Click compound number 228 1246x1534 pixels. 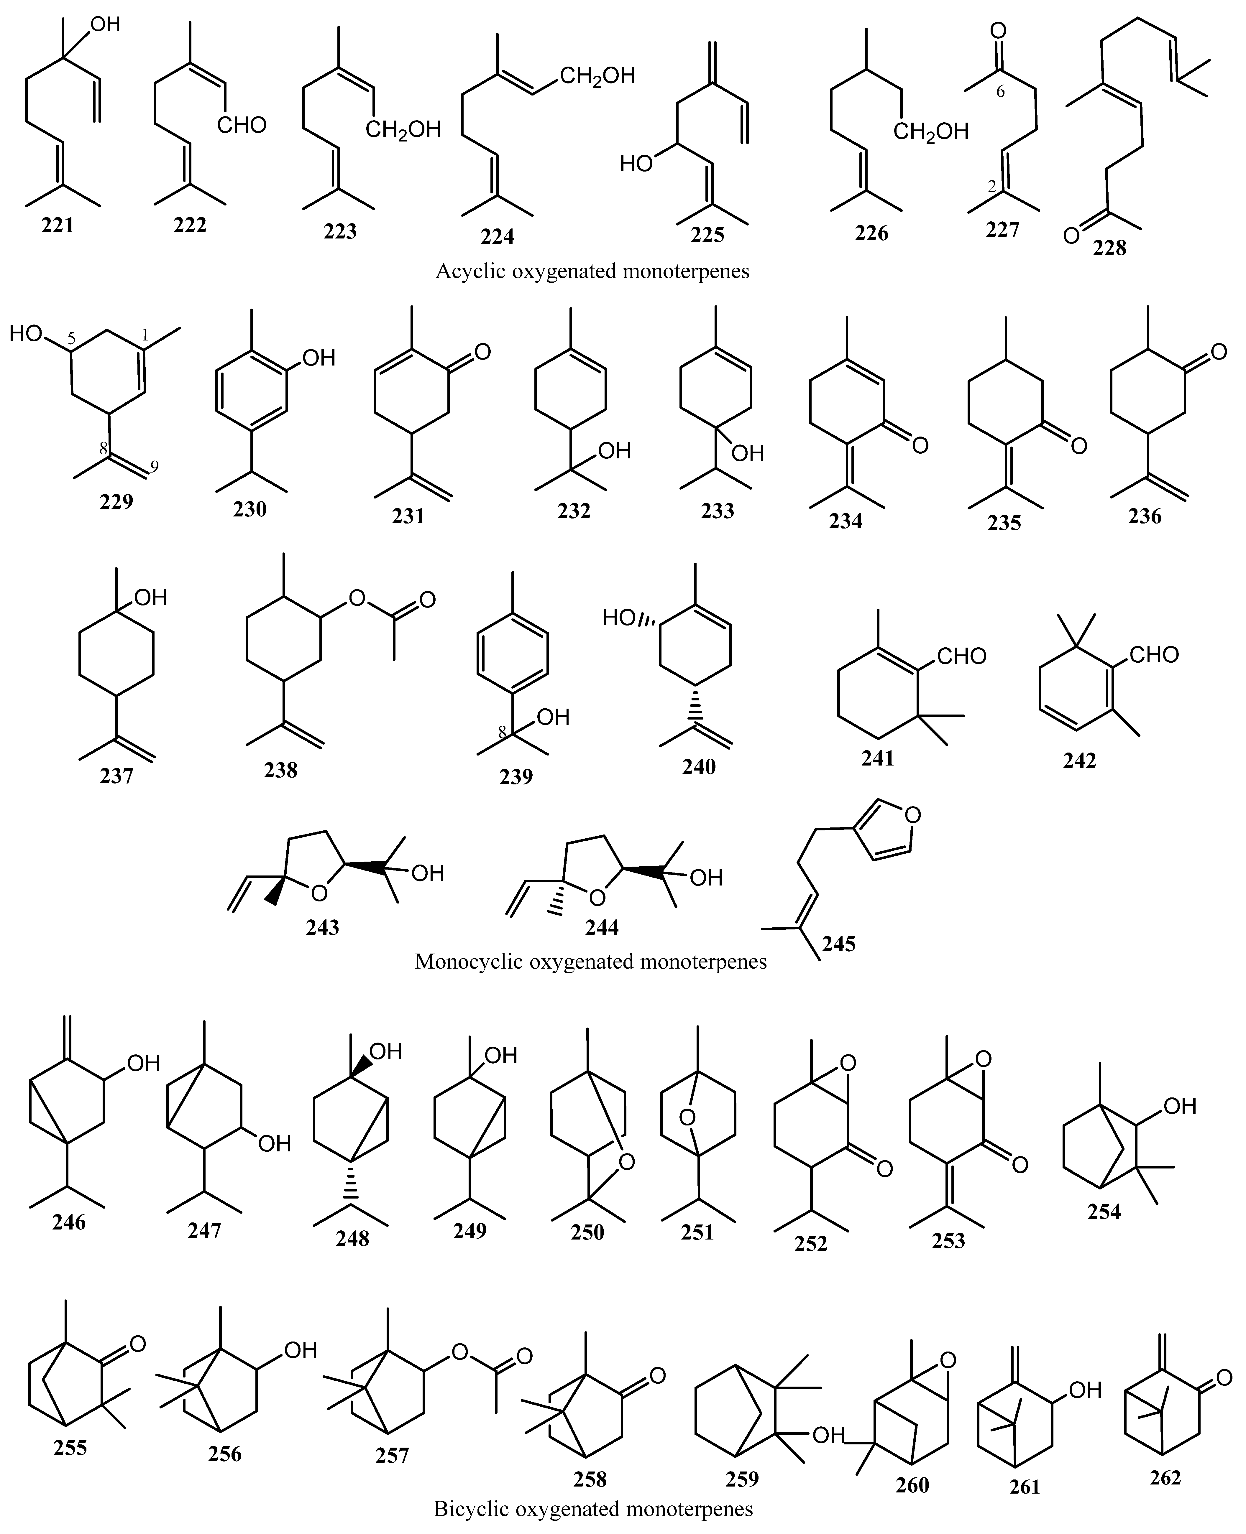(1110, 248)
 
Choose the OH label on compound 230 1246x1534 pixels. (319, 357)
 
